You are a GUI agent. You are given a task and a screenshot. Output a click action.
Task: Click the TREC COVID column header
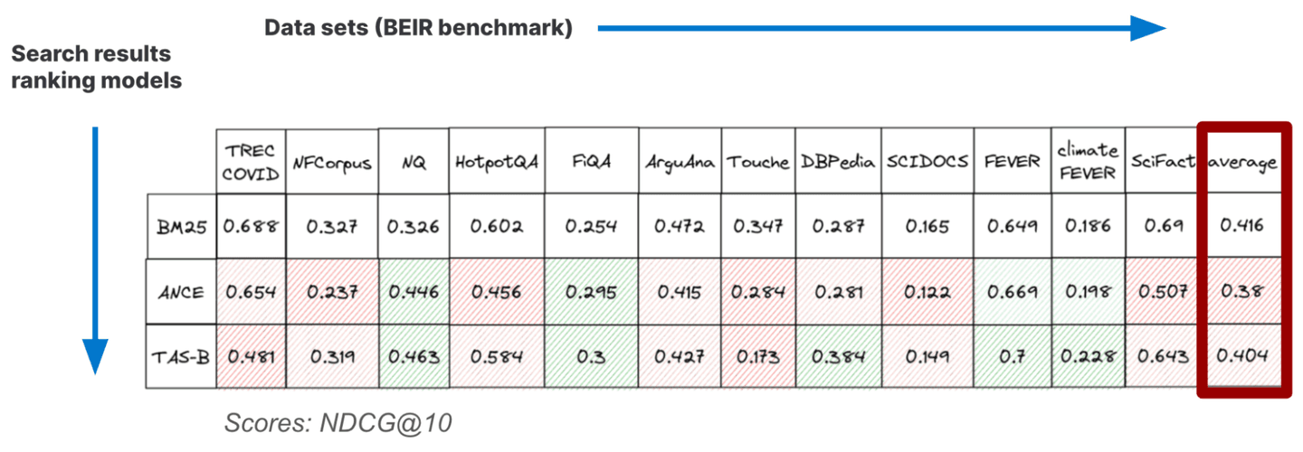click(x=251, y=162)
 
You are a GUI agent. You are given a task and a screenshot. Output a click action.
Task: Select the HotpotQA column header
click(x=496, y=162)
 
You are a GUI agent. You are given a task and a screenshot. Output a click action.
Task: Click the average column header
click(x=1242, y=163)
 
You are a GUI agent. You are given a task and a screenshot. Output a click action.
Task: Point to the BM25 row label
click(x=181, y=226)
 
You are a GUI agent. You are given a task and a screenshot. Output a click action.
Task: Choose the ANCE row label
click(x=181, y=292)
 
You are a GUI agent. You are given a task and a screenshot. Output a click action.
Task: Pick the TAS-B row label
click(x=181, y=357)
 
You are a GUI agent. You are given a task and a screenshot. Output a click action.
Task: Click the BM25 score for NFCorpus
click(x=332, y=226)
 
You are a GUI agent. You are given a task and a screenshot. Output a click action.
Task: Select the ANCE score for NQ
click(x=414, y=292)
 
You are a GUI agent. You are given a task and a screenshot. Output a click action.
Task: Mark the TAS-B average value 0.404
click(x=1242, y=357)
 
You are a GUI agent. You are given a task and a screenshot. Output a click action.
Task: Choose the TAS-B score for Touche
click(x=758, y=357)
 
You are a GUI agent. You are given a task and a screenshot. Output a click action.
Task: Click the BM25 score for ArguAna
click(x=680, y=226)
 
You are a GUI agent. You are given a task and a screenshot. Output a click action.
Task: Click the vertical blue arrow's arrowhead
click(x=95, y=356)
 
